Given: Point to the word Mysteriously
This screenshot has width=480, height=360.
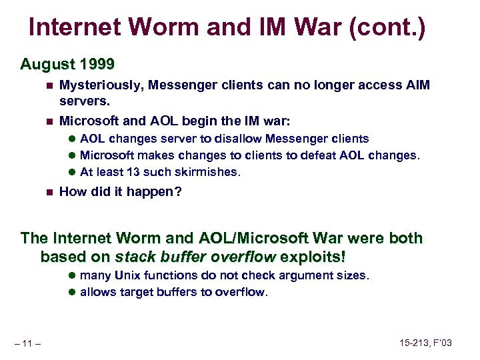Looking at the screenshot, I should pos(101,85).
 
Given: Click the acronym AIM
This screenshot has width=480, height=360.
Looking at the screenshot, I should pos(417,85).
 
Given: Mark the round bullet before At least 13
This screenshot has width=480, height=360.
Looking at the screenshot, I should pos(71,172).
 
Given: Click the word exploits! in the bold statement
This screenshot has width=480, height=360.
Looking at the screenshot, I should pos(314,257).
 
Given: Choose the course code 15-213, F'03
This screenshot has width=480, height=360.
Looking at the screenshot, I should pos(425,343).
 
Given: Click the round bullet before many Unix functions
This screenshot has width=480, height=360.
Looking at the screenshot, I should pos(71,275).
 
